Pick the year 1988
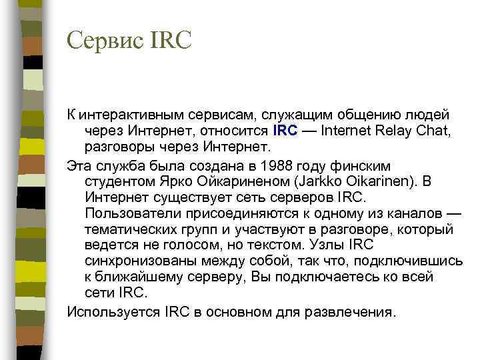(279, 165)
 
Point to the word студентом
(119, 181)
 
